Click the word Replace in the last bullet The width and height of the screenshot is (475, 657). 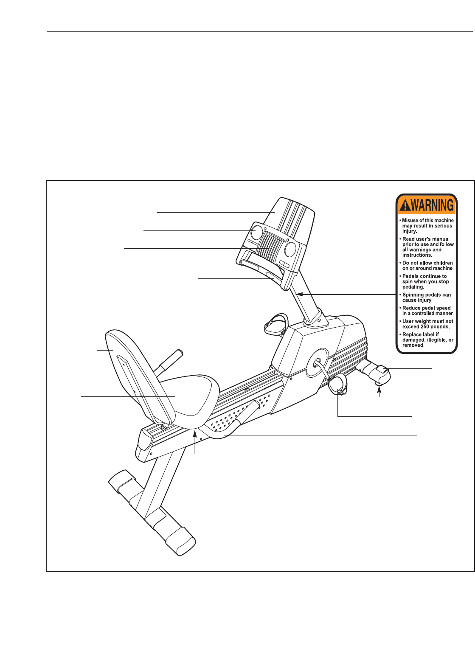point(412,334)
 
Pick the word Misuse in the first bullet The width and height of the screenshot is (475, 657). point(410,220)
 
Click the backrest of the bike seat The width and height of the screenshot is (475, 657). point(127,361)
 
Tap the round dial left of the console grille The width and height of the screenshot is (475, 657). point(256,232)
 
